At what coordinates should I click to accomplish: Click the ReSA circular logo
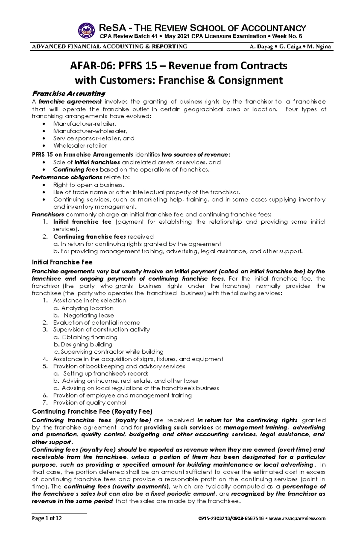86,31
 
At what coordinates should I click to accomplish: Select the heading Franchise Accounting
69,93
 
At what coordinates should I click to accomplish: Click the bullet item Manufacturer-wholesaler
90,131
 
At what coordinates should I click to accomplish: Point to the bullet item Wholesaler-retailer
80,146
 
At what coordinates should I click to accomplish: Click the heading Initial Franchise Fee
62,262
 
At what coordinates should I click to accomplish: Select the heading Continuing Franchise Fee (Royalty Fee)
92,411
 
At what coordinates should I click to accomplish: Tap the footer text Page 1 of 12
47,518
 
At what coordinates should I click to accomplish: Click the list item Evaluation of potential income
96,323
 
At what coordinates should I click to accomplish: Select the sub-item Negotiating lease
89,315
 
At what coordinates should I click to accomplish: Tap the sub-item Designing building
86,345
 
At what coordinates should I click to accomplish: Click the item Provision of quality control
90,403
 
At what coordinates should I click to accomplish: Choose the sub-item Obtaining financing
89,337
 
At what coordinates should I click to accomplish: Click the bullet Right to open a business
89,185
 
